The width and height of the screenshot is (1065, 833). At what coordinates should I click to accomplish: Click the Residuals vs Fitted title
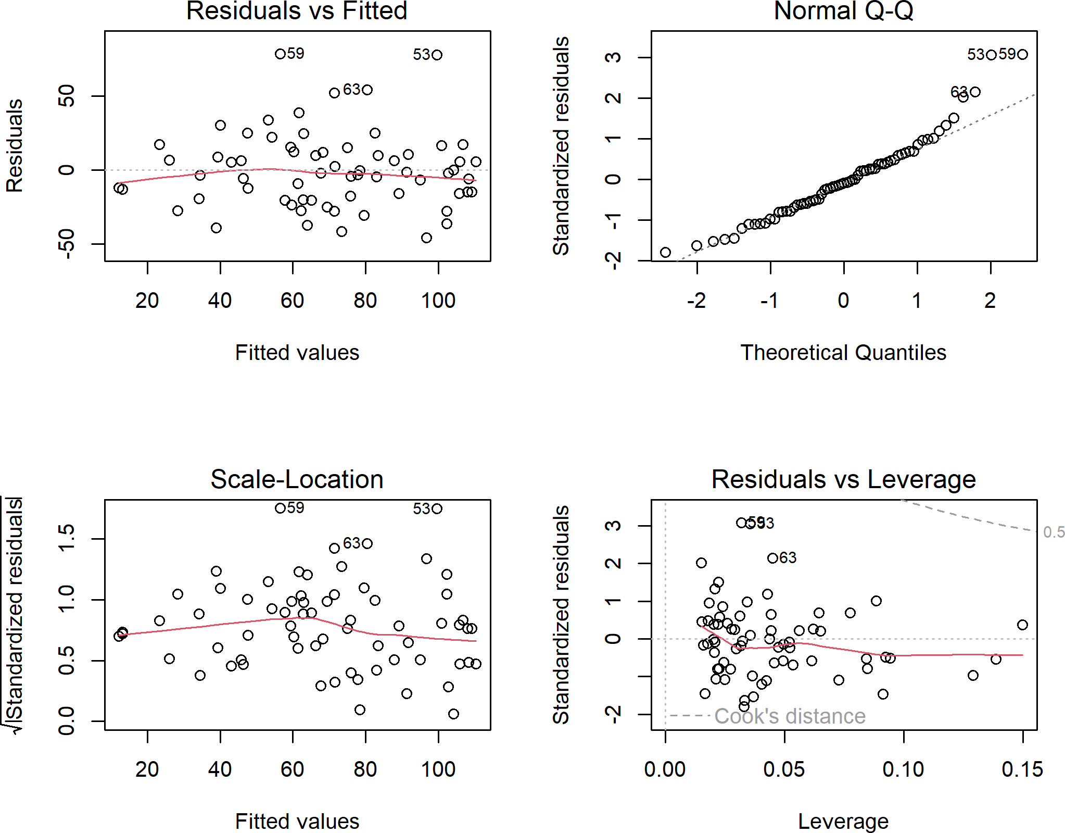coord(297,11)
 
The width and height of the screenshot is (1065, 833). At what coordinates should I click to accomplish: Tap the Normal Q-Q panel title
coord(843,11)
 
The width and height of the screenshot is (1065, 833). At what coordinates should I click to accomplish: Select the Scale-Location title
coord(297,479)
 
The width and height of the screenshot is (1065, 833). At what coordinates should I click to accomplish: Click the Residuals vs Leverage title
coord(843,479)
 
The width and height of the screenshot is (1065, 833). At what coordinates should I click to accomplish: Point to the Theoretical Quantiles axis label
coord(843,353)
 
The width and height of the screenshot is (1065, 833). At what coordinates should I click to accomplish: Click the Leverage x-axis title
coord(843,822)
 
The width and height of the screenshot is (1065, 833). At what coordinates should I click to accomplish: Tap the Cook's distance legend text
coord(790,716)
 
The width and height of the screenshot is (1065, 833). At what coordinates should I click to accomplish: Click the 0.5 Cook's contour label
coord(1054,532)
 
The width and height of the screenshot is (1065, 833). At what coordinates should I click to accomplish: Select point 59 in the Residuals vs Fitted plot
coord(280,54)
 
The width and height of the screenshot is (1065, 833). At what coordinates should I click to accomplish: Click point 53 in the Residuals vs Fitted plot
coord(437,55)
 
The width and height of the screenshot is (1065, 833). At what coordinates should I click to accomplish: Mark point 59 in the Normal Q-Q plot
coord(1022,54)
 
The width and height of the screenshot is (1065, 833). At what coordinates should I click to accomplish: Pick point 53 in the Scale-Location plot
coord(437,508)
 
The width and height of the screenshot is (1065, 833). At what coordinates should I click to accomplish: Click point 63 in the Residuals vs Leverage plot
coord(772,558)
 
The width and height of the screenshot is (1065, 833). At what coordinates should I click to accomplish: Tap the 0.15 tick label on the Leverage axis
coord(1022,769)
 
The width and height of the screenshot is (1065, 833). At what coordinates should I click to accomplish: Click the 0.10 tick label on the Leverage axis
coord(903,769)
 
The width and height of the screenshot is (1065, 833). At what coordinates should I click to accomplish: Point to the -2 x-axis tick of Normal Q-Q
coord(696,301)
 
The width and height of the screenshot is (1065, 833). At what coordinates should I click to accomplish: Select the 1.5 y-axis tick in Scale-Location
coord(67,538)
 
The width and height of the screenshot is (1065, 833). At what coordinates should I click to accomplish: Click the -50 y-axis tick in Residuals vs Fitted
coord(67,244)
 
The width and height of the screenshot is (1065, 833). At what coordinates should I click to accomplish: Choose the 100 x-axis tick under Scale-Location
coord(438,769)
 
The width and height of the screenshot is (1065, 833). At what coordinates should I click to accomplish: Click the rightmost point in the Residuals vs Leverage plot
coord(1022,625)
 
